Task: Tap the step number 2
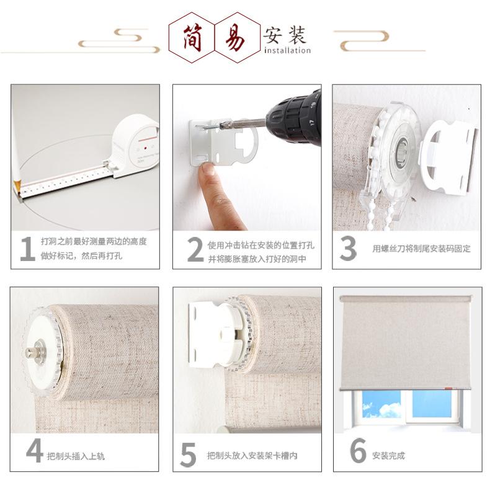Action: coord(195,249)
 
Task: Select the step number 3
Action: coord(348,248)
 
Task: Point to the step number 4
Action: coord(34,451)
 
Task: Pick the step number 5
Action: coord(188,455)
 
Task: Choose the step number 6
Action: coord(358,451)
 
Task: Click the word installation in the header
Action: coord(287,50)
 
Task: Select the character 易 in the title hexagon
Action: coord(237,35)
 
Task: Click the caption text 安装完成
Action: coord(388,456)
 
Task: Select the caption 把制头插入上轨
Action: coord(76,456)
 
